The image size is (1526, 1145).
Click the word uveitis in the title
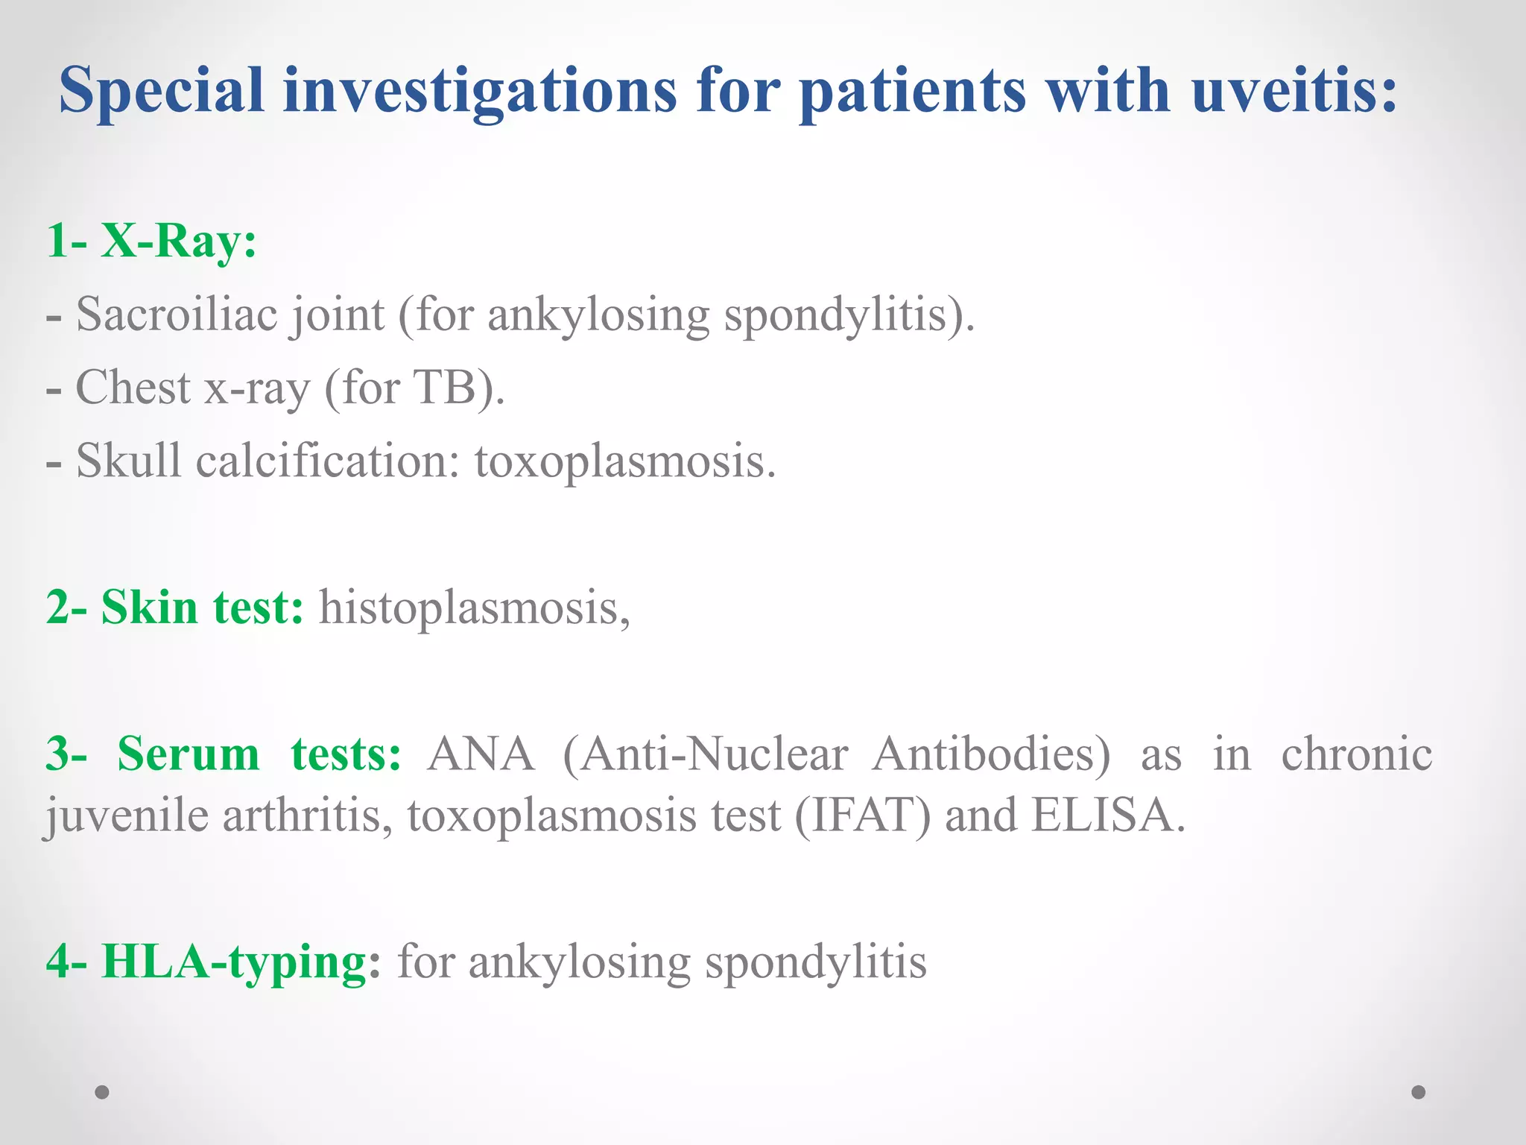coord(1293,90)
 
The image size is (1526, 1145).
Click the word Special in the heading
coord(161,90)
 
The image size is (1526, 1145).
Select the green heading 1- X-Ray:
coord(151,241)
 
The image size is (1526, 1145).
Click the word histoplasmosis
coord(474,607)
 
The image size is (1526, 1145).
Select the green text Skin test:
coord(202,607)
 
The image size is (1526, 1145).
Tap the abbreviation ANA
coord(481,754)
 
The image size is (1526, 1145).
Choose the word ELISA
coord(1107,815)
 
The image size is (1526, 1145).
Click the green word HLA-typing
coord(235,962)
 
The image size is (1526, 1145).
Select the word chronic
coord(1356,754)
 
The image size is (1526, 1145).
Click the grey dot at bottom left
coord(102,1092)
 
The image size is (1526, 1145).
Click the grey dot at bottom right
coord(1419,1092)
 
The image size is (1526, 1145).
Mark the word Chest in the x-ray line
coord(133,387)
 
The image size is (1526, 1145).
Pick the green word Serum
coord(189,754)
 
